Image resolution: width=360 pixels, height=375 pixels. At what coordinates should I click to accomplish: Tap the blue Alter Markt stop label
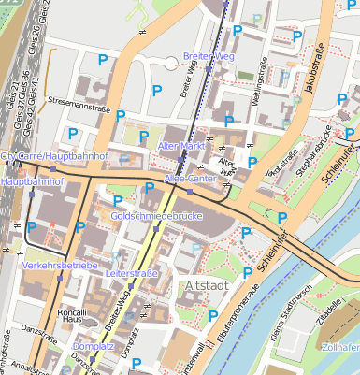pyautogui.click(x=182, y=148)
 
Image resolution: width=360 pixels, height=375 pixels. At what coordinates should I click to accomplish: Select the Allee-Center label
pyautogui.click(x=189, y=177)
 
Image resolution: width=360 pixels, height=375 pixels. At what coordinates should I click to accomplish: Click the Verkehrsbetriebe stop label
pyautogui.click(x=60, y=266)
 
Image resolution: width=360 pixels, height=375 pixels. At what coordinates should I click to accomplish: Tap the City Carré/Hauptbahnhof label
pyautogui.click(x=56, y=155)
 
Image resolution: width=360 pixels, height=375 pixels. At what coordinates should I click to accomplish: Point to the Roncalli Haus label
pyautogui.click(x=71, y=316)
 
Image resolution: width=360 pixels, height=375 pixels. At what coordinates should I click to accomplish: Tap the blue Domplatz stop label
pyautogui.click(x=92, y=346)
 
